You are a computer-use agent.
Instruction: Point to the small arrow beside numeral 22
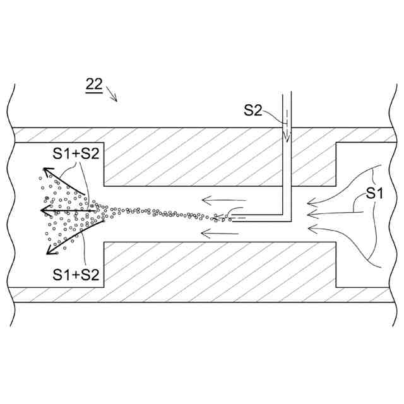pyautogui.click(x=112, y=95)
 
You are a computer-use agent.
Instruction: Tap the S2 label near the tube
pyautogui.click(x=252, y=110)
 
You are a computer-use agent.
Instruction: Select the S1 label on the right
pyautogui.click(x=375, y=194)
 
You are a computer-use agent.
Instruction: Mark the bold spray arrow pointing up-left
pyautogui.click(x=63, y=181)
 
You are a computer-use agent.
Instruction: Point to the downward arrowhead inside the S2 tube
pyautogui.click(x=285, y=136)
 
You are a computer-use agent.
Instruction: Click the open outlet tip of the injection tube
pyautogui.click(x=231, y=218)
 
